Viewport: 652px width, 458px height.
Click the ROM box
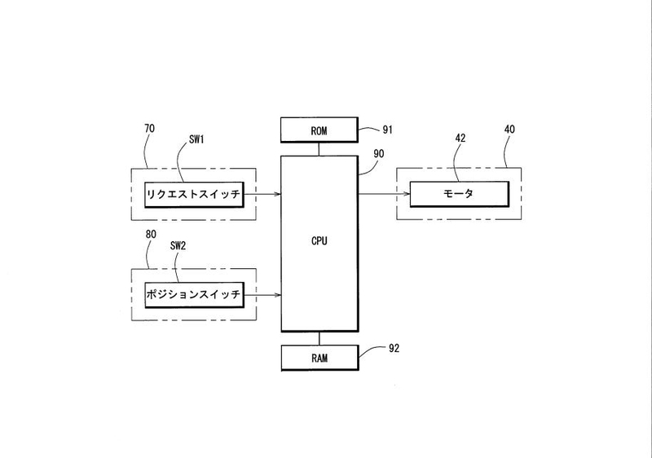click(x=319, y=129)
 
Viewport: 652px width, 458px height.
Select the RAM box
click(x=319, y=356)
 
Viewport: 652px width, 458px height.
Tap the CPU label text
click(x=319, y=241)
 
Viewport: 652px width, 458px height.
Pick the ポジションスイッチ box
click(x=194, y=295)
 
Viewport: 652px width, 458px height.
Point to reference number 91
click(x=388, y=128)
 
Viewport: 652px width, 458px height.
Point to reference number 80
click(x=150, y=234)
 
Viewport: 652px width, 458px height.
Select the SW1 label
click(x=198, y=139)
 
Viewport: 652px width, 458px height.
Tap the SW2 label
click(x=178, y=245)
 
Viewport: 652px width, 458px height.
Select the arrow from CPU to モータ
click(x=382, y=194)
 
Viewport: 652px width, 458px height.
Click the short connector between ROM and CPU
click(x=319, y=147)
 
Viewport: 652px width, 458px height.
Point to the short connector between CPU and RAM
click(x=319, y=338)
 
